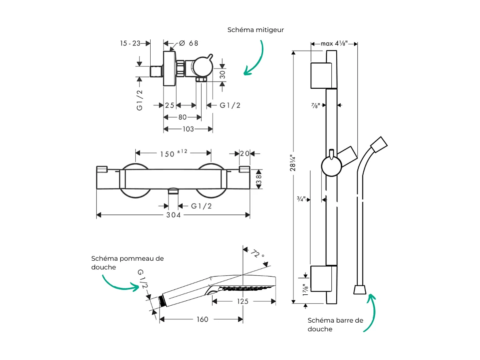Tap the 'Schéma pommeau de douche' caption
pos(128,263)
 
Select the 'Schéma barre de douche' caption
pos(335,325)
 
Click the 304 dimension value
pos(173,215)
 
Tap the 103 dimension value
pos(188,129)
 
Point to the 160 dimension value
pos(202,319)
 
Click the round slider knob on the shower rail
pos(331,167)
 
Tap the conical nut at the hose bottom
pos(360,289)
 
